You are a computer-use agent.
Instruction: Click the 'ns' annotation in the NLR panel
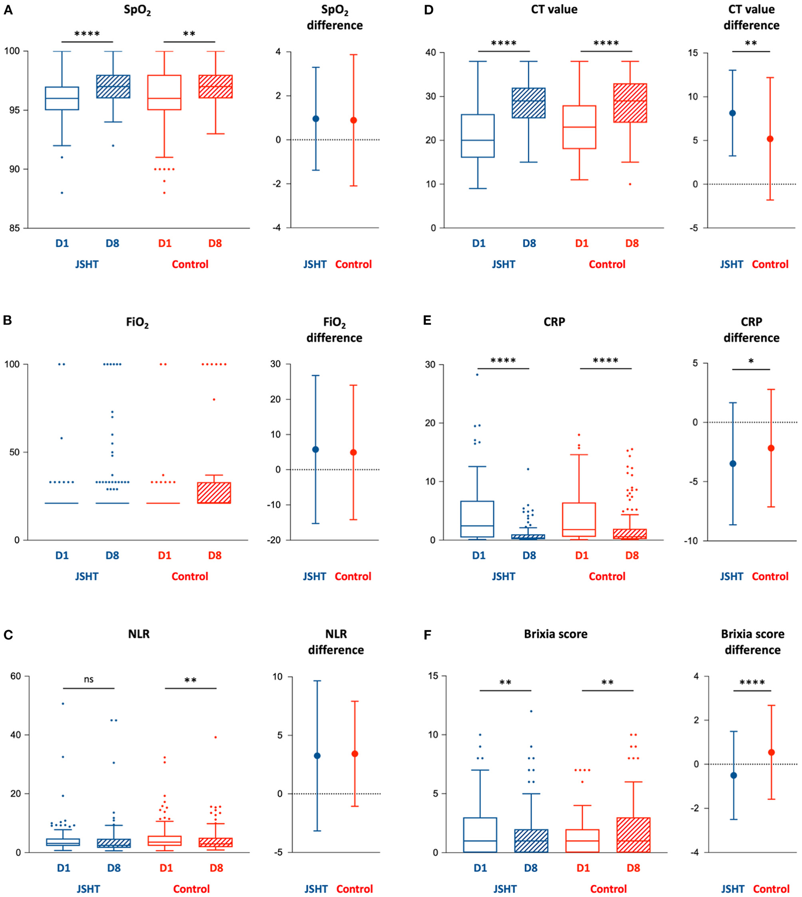tap(89, 679)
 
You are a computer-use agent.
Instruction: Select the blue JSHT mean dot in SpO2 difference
tap(316, 119)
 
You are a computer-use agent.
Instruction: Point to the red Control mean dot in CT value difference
tap(770, 139)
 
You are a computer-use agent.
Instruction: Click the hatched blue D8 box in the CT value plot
tap(529, 103)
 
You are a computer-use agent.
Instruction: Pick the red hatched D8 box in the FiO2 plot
tap(214, 493)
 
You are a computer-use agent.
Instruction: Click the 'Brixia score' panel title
tap(555, 634)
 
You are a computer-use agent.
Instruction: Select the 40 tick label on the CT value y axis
tap(430, 52)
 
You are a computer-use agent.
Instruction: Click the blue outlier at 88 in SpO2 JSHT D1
tap(62, 193)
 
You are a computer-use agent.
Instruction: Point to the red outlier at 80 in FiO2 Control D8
tap(214, 399)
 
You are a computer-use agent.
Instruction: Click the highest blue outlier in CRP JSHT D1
tap(477, 374)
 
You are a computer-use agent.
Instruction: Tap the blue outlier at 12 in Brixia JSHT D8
tap(531, 711)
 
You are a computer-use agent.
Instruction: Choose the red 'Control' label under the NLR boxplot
tap(191, 889)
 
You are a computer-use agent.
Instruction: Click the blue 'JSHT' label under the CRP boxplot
tap(503, 577)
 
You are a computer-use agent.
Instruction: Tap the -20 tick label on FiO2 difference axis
tap(274, 540)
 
